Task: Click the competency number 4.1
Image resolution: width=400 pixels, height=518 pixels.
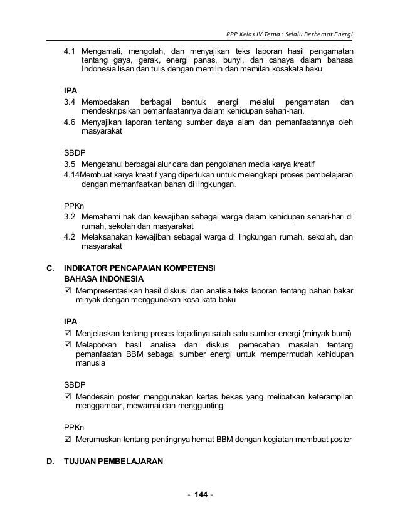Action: click(70, 51)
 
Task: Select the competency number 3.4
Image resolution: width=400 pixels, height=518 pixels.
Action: click(70, 102)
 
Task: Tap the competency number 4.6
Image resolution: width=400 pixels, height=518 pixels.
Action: click(70, 122)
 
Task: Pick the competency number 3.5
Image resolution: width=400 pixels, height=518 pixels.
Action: click(70, 163)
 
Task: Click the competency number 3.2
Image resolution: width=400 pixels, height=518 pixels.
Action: click(70, 216)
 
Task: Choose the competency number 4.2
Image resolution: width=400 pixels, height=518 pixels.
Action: click(70, 236)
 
